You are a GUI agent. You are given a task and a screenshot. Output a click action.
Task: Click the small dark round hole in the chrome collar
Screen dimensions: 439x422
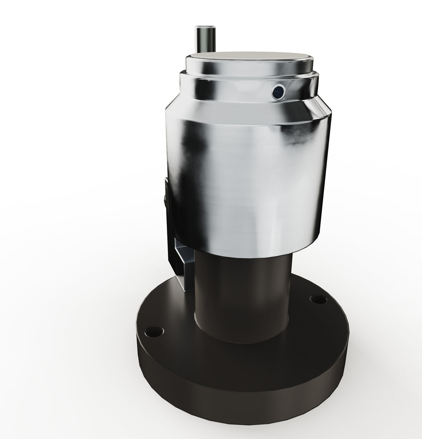278,92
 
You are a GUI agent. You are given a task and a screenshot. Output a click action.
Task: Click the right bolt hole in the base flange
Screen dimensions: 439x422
318,300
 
